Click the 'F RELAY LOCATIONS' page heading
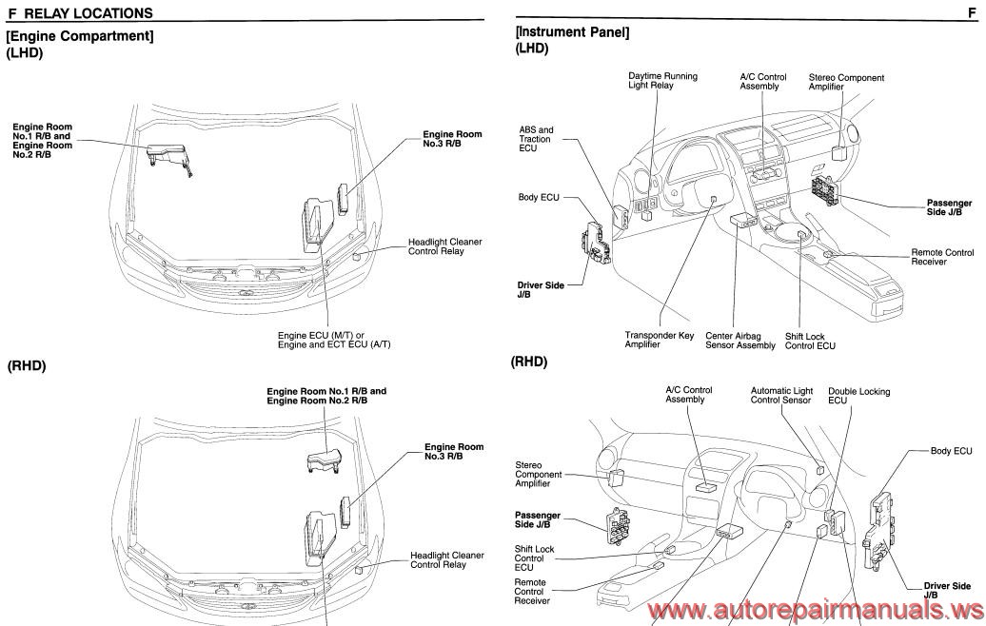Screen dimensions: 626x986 (80, 13)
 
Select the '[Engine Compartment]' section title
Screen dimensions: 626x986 (80, 35)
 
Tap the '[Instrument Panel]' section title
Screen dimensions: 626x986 (571, 31)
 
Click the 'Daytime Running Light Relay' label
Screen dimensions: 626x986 (662, 81)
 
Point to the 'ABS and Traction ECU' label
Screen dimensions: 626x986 (536, 139)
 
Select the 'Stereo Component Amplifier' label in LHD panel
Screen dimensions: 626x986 (846, 82)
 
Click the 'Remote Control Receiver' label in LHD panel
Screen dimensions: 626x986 (942, 257)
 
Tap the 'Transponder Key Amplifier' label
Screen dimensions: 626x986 (659, 341)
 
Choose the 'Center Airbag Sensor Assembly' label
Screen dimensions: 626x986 (740, 341)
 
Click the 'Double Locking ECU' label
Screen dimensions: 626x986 (858, 396)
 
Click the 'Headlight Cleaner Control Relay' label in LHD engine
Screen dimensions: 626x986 (444, 246)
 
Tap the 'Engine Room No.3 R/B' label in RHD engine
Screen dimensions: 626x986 (453, 452)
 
